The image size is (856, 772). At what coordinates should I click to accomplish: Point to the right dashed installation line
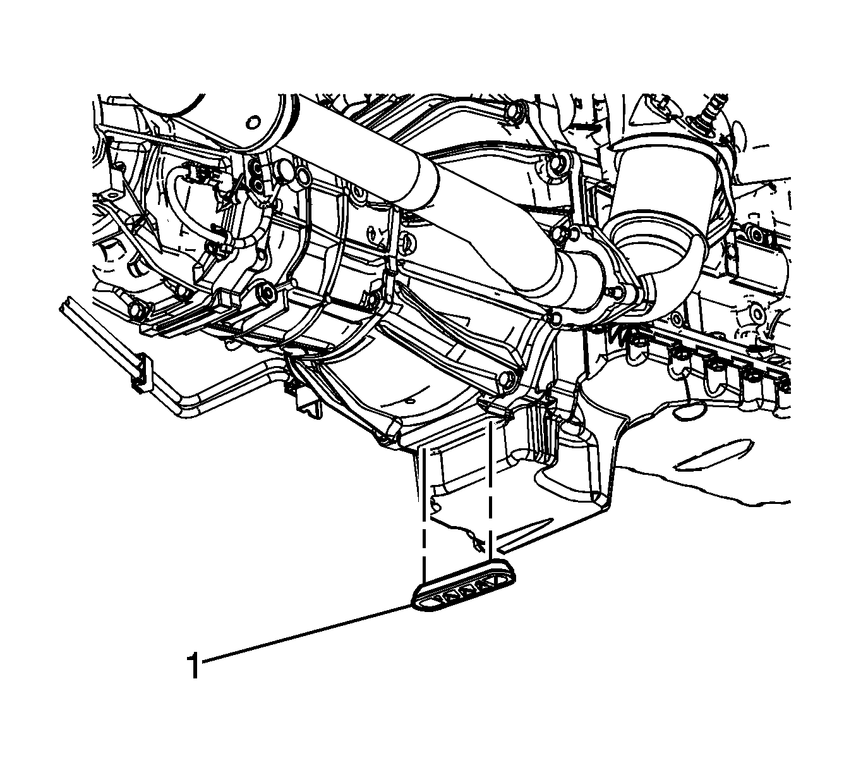point(491,491)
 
